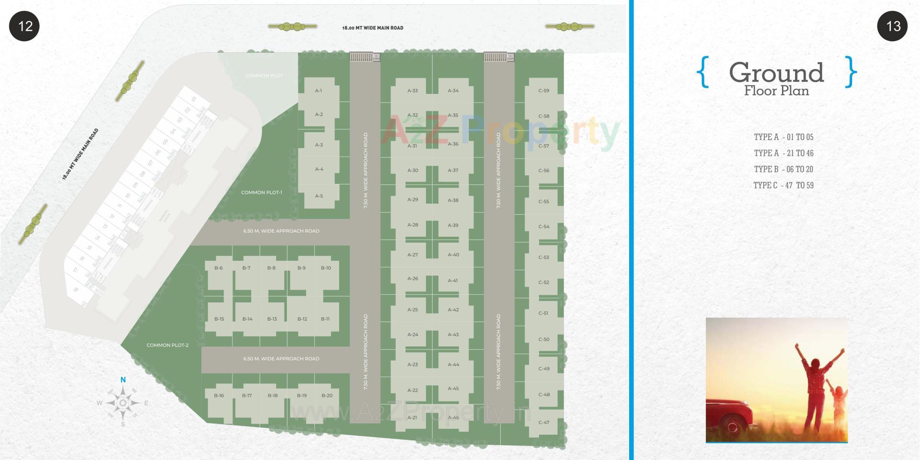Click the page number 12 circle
tap(24, 26)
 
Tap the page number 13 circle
tap(892, 26)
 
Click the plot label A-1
tap(319, 91)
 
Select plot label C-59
tap(543, 91)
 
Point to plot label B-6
tap(218, 268)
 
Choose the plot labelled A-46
tap(453, 418)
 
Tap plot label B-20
tap(327, 396)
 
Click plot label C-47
tap(544, 423)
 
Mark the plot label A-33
tap(413, 91)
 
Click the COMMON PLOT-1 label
tap(262, 193)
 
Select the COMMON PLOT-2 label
tap(167, 345)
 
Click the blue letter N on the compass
tap(123, 380)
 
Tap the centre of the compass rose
tap(123, 403)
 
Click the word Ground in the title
tap(776, 73)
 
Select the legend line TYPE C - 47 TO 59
tap(783, 185)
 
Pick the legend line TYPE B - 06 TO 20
tap(783, 169)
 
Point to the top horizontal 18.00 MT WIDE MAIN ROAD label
tap(373, 28)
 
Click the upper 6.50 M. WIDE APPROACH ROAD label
tap(281, 231)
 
